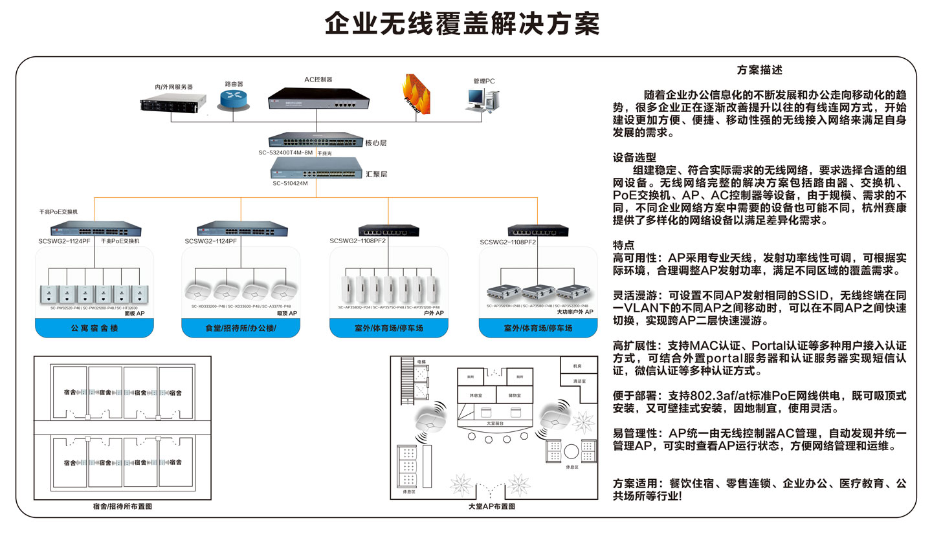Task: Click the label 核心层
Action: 376,142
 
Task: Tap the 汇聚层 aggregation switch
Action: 315,168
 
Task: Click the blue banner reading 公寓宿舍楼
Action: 94,328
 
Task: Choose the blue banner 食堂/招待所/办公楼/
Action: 241,328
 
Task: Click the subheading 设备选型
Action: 634,156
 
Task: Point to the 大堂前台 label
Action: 495,424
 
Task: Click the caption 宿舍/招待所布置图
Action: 122,506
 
